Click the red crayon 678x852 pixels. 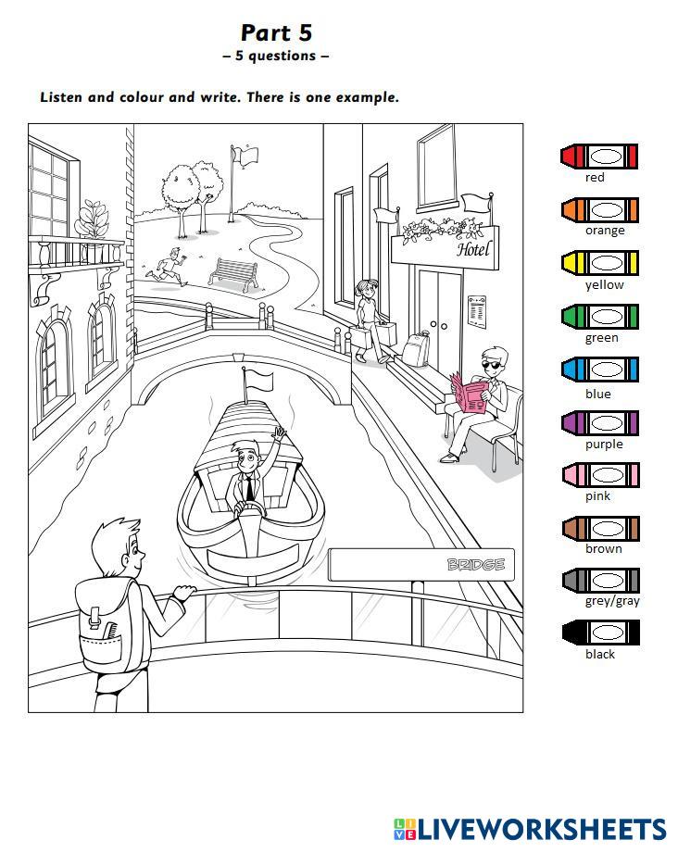click(598, 157)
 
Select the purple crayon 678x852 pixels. click(600, 423)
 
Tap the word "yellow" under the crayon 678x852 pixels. click(604, 284)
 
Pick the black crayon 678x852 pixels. click(601, 633)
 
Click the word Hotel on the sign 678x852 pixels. click(473, 249)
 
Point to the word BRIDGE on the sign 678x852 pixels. click(476, 565)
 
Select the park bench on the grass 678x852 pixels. click(234, 273)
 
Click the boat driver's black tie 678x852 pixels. click(249, 488)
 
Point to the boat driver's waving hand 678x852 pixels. click(279, 433)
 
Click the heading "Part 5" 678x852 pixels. click(276, 32)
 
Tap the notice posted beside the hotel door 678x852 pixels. click(476, 312)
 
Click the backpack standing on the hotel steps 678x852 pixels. click(416, 348)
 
